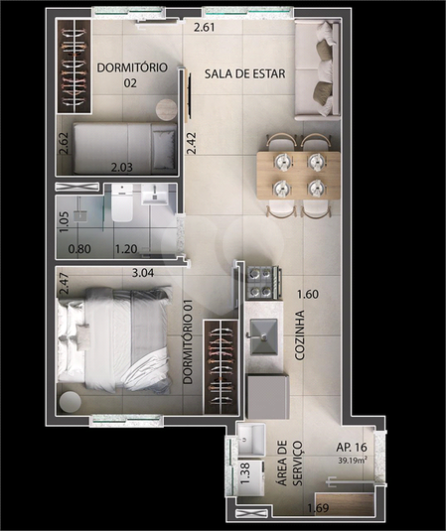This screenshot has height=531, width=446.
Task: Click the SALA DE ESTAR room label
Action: point(244,73)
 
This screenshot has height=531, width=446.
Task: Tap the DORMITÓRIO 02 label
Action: point(132,74)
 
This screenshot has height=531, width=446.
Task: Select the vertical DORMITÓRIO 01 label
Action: point(188,341)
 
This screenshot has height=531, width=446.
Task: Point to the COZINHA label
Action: point(300,335)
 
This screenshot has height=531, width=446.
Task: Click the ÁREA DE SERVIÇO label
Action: point(290,463)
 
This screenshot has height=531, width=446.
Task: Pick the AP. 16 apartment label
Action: point(352,448)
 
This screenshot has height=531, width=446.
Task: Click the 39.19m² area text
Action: point(353,461)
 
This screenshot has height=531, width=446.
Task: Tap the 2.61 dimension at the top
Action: point(205,27)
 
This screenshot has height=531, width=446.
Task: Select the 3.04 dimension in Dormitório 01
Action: point(143,273)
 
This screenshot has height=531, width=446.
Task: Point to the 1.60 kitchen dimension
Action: point(308,294)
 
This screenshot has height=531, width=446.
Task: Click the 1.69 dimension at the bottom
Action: point(318,508)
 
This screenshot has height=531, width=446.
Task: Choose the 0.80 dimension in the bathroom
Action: point(79,249)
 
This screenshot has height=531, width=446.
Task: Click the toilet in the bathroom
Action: point(122,203)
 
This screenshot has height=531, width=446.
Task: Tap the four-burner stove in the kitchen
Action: point(263,283)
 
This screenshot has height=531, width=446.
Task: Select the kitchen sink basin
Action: point(263,336)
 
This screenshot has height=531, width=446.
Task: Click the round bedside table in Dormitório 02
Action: point(167,109)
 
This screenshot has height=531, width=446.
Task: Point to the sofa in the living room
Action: point(317,69)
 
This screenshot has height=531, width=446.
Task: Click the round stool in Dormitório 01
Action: point(71,402)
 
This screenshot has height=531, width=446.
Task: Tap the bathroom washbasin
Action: point(155,195)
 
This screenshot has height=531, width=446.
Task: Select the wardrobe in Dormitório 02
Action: point(74,66)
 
